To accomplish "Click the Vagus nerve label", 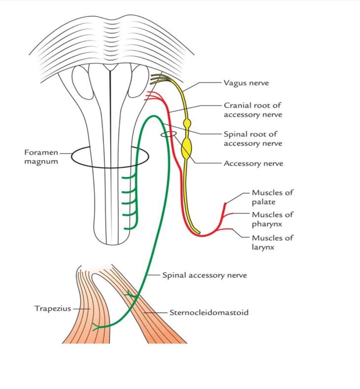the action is coord(246,83).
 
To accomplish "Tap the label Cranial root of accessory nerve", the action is coord(253,110).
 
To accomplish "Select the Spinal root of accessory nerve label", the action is coord(253,139).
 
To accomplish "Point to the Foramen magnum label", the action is coord(41,157).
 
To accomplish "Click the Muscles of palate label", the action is coord(272,197).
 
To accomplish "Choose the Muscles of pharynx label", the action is coord(272,219).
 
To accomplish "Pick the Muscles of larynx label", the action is coord(272,243).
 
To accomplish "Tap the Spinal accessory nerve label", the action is coord(205,275).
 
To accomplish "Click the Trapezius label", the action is coord(53,308).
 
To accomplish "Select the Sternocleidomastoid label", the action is coord(209,312).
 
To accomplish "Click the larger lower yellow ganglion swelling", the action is coord(186,148).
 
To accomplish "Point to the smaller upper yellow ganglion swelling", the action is coord(187,123).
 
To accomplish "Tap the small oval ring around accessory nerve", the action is coord(169,134).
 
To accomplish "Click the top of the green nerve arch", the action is coord(154,116).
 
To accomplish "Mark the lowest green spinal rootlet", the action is coord(129,228).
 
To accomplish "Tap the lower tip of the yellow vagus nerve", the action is coord(199,233).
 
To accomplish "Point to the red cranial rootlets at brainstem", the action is coord(153,96).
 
